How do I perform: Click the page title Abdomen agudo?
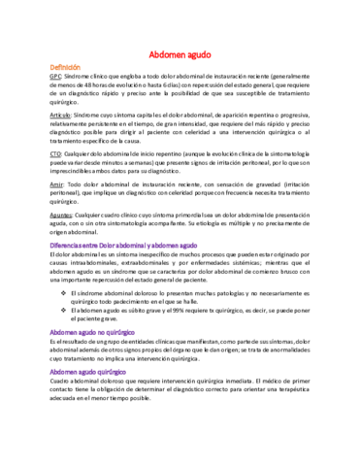[x=180, y=57]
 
